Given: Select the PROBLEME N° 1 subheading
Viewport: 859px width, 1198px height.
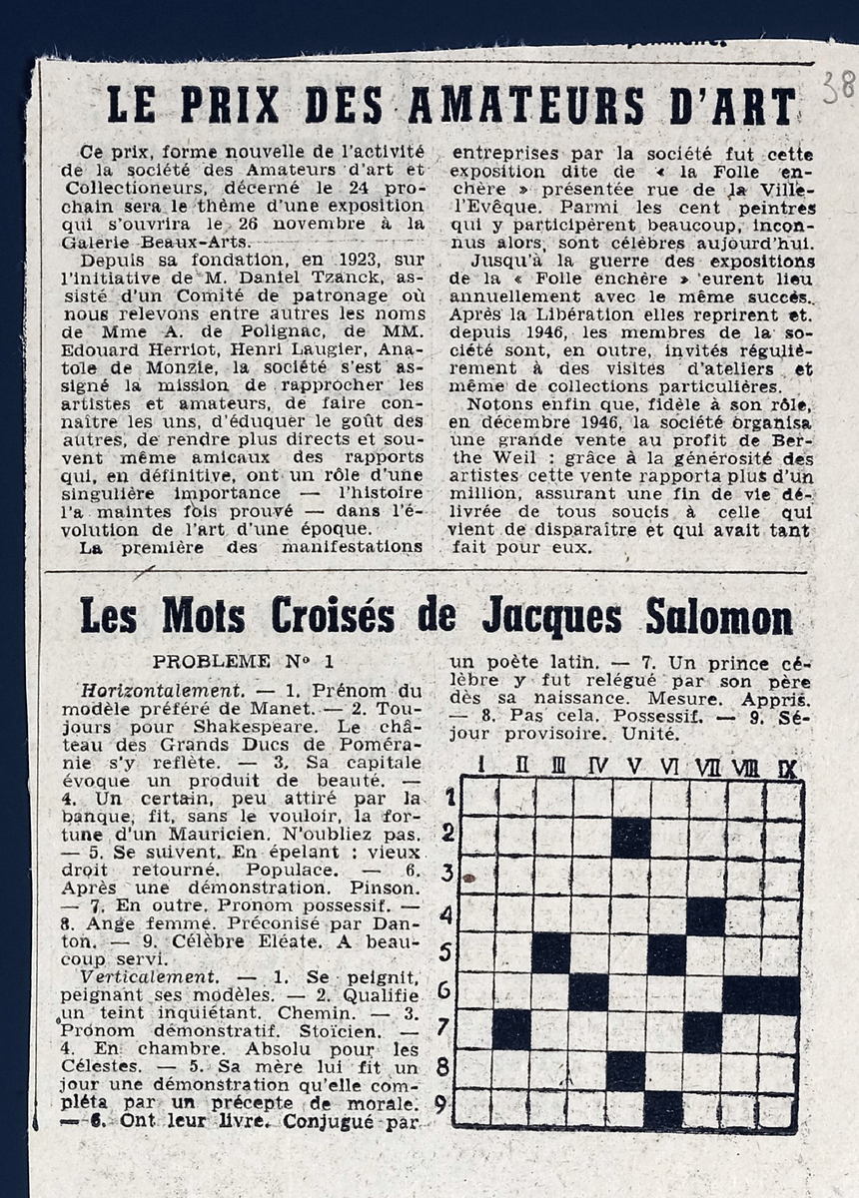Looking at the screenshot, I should coord(244,661).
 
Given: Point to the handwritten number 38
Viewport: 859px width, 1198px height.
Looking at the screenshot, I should coord(837,88).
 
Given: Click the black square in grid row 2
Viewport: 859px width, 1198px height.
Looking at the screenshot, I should coord(629,837).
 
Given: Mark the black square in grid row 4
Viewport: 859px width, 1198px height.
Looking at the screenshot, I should coord(705,914).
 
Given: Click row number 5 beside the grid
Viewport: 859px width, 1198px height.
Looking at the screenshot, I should coord(446,951).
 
